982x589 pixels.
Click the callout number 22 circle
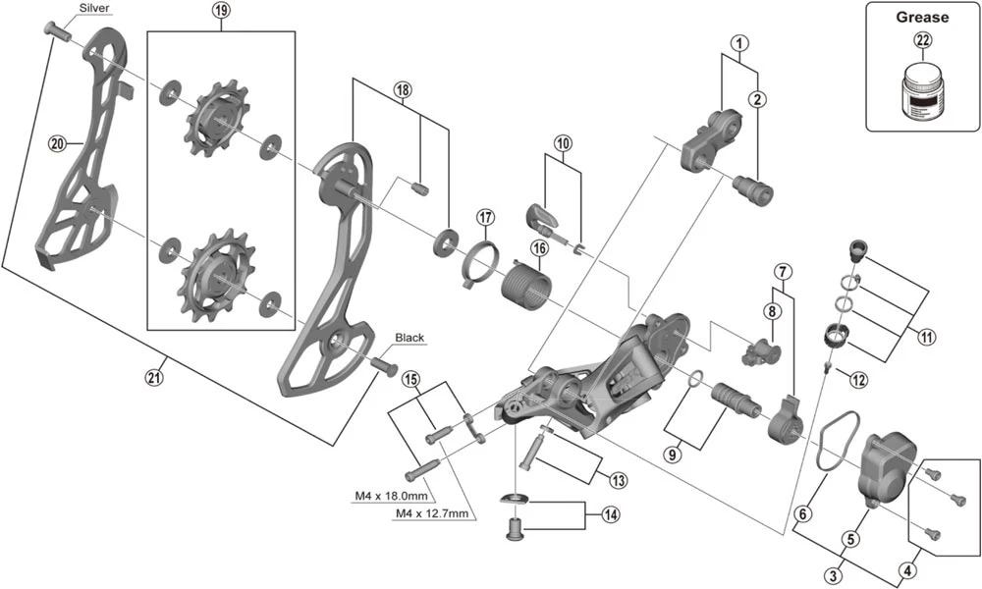pyautogui.click(x=922, y=40)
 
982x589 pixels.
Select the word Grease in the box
pyautogui.click(x=922, y=17)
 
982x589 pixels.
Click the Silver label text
pyautogui.click(x=93, y=9)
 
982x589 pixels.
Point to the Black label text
pyautogui.click(x=409, y=338)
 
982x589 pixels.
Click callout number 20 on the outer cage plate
pyautogui.click(x=58, y=143)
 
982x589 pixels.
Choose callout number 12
pyautogui.click(x=858, y=379)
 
